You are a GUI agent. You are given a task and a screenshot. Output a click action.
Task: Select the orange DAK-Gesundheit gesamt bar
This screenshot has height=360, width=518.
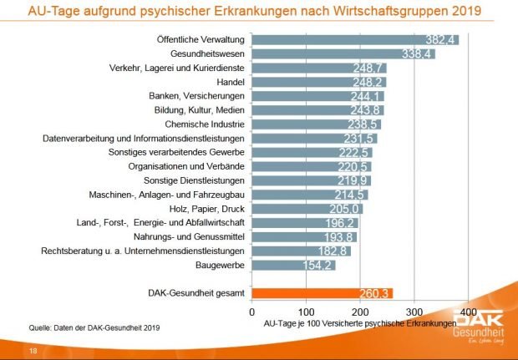coord(322,292)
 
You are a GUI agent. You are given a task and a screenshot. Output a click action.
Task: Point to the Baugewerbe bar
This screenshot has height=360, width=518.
coord(292,265)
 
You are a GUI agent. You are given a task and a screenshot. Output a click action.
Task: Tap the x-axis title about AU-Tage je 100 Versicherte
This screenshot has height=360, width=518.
coord(359,322)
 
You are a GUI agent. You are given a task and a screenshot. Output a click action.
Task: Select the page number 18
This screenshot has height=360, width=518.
coord(33,350)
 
